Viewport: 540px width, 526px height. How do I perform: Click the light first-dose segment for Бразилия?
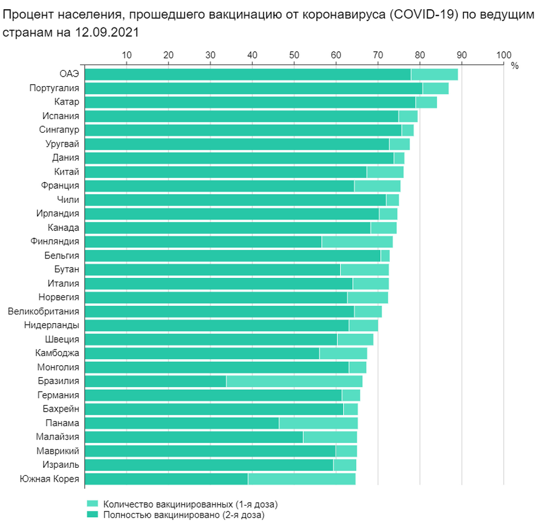click(294, 381)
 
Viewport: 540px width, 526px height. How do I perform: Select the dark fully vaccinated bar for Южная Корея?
click(166, 479)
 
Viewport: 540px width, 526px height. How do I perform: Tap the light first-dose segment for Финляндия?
click(357, 241)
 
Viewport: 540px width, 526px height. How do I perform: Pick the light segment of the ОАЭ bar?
click(434, 74)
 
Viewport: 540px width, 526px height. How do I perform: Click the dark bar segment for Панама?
click(182, 423)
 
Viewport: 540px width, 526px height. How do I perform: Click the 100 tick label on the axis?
click(503, 54)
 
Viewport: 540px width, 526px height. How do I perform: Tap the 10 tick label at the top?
click(126, 54)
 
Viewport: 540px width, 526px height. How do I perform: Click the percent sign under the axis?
click(514, 66)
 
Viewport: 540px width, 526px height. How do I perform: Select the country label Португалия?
click(54, 88)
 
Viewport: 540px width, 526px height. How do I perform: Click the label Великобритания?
click(44, 311)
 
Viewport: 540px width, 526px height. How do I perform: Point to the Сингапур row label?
click(59, 129)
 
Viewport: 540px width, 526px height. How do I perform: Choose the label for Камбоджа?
click(57, 353)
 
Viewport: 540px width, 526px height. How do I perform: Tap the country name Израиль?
click(61, 464)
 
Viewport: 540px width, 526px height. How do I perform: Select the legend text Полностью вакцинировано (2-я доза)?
click(184, 515)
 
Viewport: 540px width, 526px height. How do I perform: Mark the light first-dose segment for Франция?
click(377, 186)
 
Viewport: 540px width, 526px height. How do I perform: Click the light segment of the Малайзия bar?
click(330, 437)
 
